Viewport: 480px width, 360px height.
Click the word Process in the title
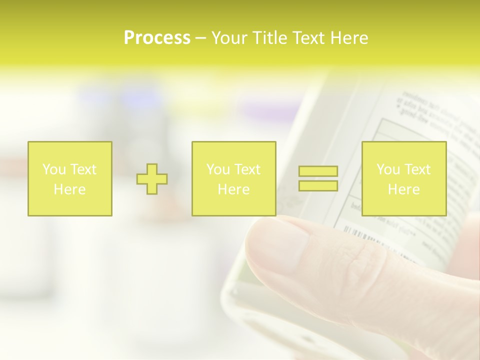pyautogui.click(x=157, y=38)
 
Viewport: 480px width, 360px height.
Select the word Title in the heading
pyautogui.click(x=271, y=38)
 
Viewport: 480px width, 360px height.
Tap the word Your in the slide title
pyautogui.click(x=230, y=38)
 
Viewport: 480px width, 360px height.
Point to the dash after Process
pyautogui.click(x=200, y=38)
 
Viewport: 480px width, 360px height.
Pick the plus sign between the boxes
pyautogui.click(x=152, y=179)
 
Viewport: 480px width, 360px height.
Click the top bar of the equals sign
pyautogui.click(x=318, y=171)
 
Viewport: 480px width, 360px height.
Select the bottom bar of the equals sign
pyautogui.click(x=318, y=185)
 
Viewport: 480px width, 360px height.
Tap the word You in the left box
pyautogui.click(x=54, y=169)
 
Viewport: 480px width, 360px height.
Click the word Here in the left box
pyautogui.click(x=69, y=189)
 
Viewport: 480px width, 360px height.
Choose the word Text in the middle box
pyautogui.click(x=247, y=169)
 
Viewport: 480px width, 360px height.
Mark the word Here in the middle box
pyautogui.click(x=233, y=189)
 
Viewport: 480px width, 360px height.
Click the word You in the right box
pyautogui.click(x=388, y=169)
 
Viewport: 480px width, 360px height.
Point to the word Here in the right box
pyautogui.click(x=403, y=189)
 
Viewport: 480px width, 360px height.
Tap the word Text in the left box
pyautogui.click(x=83, y=169)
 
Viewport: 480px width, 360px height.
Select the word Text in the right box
pyautogui.click(x=417, y=169)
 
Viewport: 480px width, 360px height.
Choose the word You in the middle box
pyautogui.click(x=218, y=169)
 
